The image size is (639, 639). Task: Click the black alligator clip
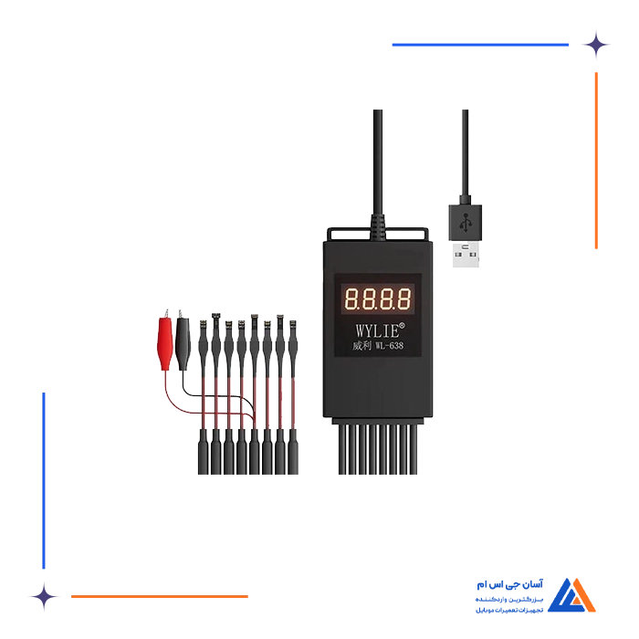(x=183, y=340)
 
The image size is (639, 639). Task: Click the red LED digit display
(x=377, y=298)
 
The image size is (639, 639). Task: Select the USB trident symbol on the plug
(x=466, y=220)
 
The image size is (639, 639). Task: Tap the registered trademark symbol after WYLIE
(x=403, y=321)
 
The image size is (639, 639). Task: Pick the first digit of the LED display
(x=351, y=298)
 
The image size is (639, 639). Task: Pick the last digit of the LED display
(x=404, y=298)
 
